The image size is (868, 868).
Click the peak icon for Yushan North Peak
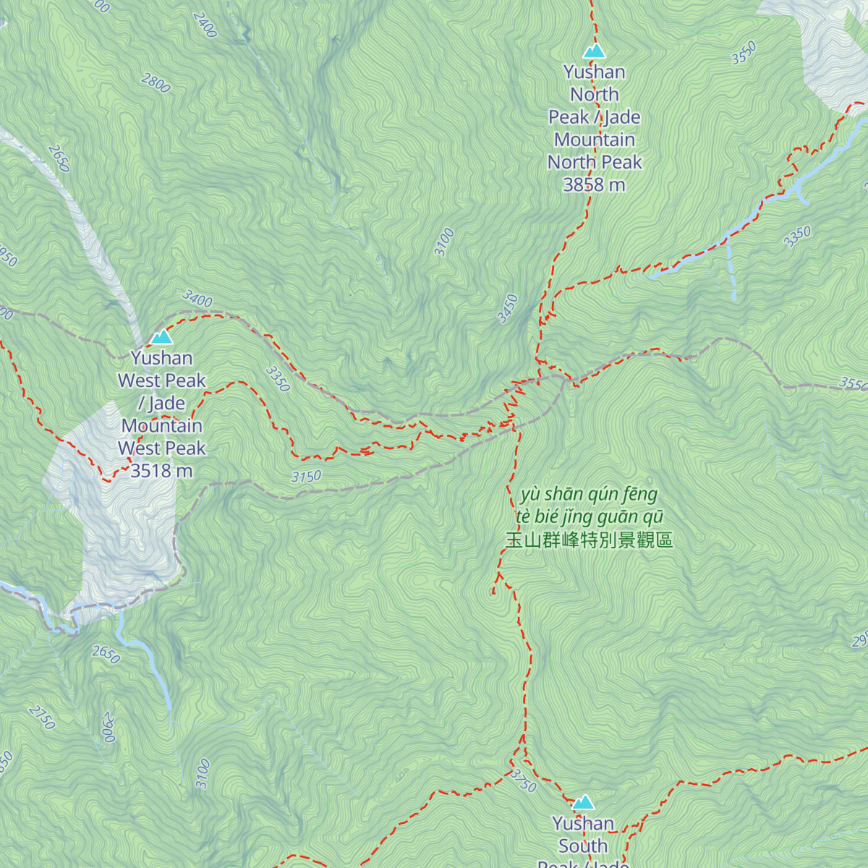(x=594, y=51)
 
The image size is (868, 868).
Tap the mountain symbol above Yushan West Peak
(x=161, y=337)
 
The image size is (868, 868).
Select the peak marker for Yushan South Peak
(x=583, y=802)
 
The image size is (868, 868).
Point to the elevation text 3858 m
(x=594, y=185)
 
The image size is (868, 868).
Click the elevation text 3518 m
(x=161, y=471)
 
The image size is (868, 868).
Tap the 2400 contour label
(x=205, y=25)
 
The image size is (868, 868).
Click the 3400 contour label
(x=197, y=299)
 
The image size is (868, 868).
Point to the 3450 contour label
(x=508, y=308)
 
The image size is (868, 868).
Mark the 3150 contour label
(x=306, y=477)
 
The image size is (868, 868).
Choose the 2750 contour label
(x=42, y=717)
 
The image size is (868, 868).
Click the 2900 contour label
(x=109, y=727)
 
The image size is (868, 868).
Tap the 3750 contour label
(x=522, y=781)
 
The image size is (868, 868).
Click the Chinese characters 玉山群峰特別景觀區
(x=589, y=540)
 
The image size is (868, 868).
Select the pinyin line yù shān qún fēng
(x=589, y=495)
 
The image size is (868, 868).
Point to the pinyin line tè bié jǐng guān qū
(x=589, y=517)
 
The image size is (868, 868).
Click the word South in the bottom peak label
(x=583, y=846)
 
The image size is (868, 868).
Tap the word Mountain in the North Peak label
(x=595, y=140)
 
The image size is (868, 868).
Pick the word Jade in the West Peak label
(x=167, y=403)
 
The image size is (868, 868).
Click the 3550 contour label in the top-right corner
(x=744, y=53)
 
